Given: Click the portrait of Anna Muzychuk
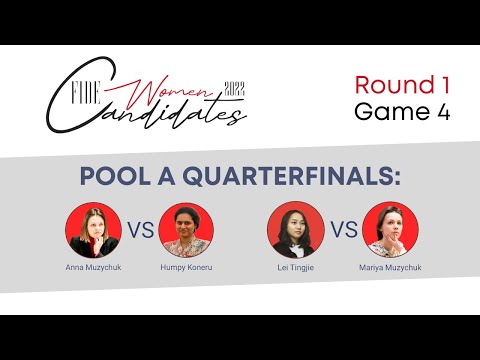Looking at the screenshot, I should [93, 231].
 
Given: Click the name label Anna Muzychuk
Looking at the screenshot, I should [93, 269].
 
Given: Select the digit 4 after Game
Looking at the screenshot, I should [440, 111].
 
